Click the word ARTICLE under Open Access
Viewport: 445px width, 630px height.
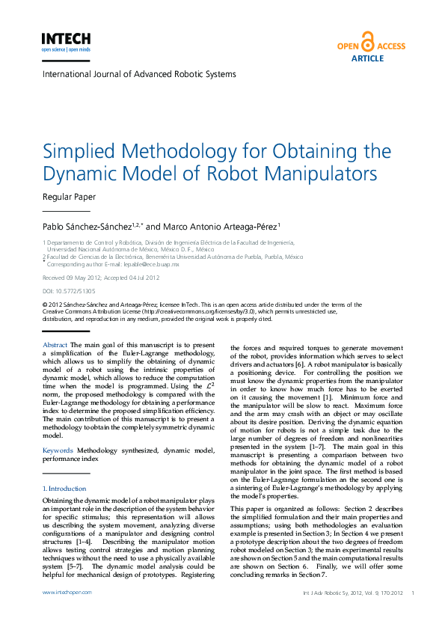click(x=367, y=58)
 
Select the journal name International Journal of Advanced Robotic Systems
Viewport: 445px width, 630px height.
click(x=139, y=74)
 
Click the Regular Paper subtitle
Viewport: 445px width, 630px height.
click(x=70, y=198)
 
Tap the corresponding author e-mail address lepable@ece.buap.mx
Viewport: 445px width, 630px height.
click(x=153, y=264)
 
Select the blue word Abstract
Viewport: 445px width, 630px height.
click(x=55, y=345)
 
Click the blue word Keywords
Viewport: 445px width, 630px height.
click(x=58, y=450)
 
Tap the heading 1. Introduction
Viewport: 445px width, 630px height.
click(x=64, y=488)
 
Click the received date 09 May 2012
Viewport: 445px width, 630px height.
click(x=79, y=278)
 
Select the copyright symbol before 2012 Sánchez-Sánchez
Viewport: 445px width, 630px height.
click(x=45, y=305)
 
